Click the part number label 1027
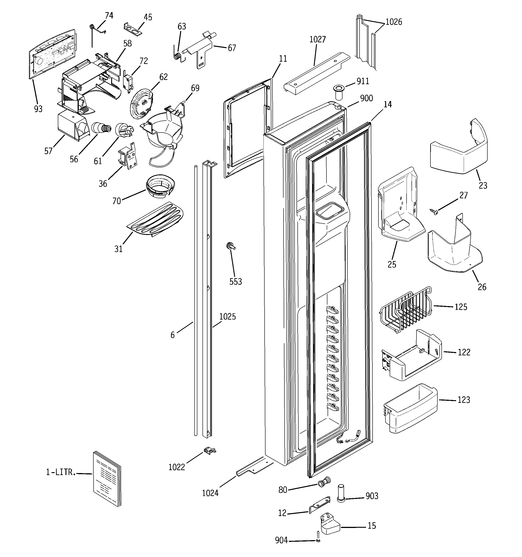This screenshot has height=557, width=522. point(317,40)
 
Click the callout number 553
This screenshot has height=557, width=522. point(235,282)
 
